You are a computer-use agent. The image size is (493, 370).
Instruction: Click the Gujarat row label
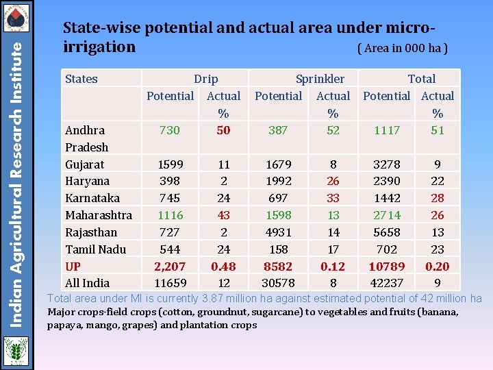[x=84, y=164]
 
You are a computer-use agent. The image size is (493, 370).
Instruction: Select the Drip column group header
[x=205, y=79]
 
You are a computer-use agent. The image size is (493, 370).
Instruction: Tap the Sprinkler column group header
[x=320, y=79]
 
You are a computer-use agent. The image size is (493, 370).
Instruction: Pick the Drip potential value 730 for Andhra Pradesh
[x=169, y=130]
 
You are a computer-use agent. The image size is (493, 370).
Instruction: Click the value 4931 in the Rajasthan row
[x=278, y=232]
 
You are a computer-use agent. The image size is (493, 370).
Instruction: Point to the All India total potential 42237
[x=387, y=283]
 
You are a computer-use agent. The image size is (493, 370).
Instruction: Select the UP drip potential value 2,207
[x=169, y=266]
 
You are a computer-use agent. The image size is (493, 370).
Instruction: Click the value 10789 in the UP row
[x=387, y=266]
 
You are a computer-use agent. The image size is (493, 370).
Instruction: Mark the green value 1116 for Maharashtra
[x=169, y=215]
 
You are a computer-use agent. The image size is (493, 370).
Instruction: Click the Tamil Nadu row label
[x=96, y=249]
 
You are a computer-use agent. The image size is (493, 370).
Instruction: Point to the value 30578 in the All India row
[x=278, y=283]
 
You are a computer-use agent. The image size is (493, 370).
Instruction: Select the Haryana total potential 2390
[x=387, y=181]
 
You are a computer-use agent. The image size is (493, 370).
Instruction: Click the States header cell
[x=81, y=79]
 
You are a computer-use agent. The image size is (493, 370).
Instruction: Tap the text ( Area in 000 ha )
[x=403, y=49]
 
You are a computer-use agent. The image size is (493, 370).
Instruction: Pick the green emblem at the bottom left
[x=15, y=351]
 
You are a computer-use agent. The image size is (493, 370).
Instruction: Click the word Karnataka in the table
[x=92, y=198]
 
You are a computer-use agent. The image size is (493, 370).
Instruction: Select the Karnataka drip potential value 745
[x=169, y=198]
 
